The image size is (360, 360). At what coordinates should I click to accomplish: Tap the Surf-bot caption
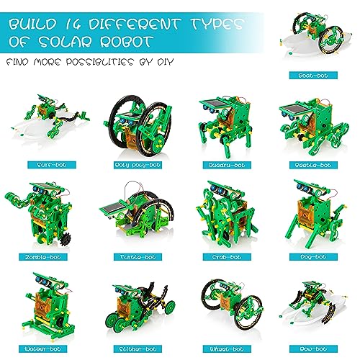coord(47,164)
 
